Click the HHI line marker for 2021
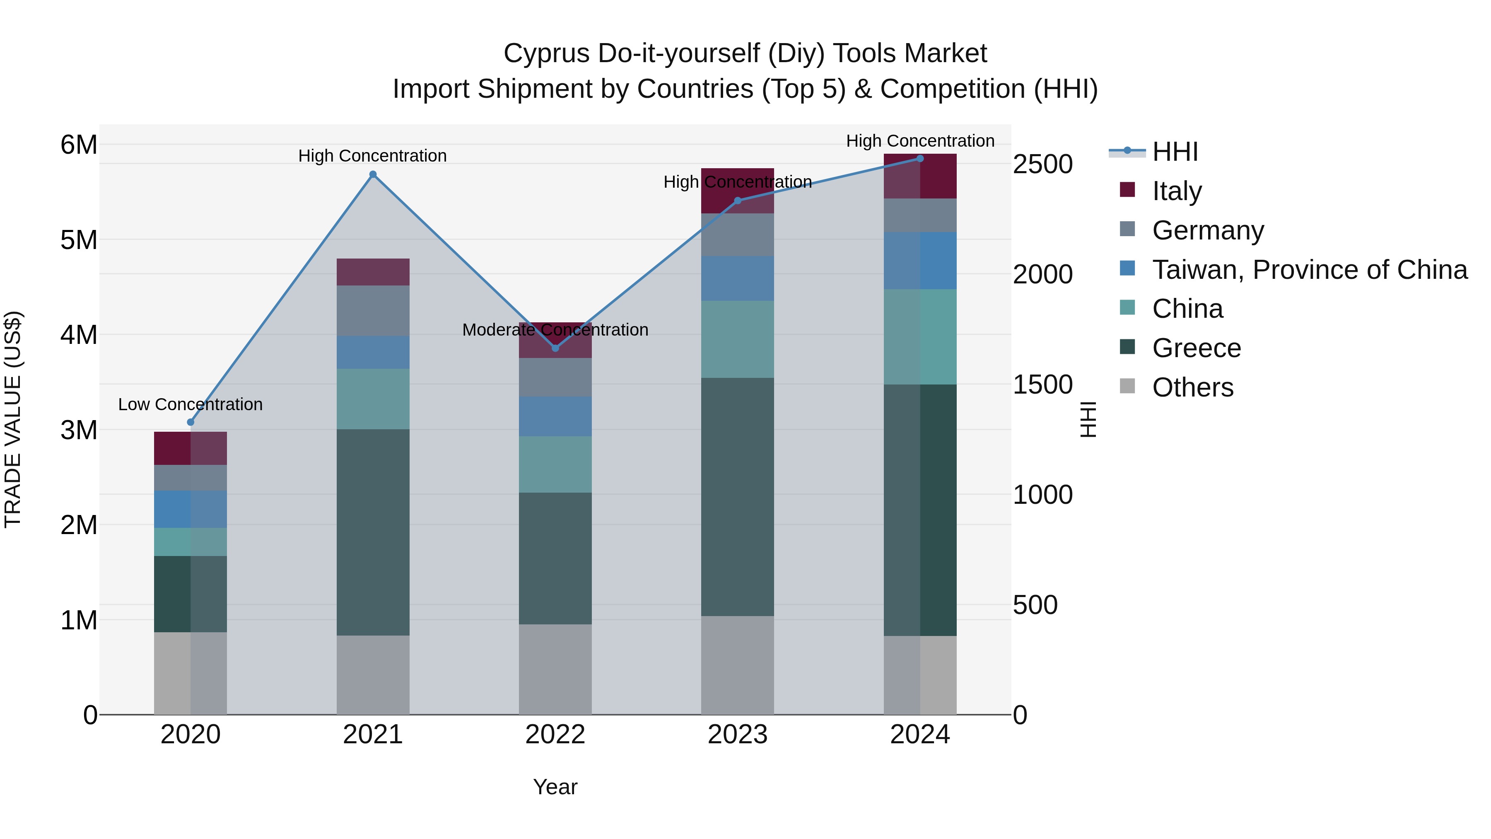[373, 174]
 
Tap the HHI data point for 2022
[555, 348]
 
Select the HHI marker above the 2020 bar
[191, 422]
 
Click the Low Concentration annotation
[191, 404]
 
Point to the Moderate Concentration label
[555, 329]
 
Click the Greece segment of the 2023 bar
[737, 497]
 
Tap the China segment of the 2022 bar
[555, 464]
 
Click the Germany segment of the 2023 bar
[737, 235]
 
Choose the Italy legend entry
[1177, 191]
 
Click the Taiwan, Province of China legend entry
[1309, 270]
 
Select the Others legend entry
[1192, 387]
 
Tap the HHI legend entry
[1175, 152]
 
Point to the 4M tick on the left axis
[79, 335]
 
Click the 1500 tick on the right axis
[1042, 384]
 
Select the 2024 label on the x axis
[920, 735]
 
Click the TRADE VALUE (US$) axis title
[13, 419]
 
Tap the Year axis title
[555, 787]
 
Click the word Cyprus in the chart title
[547, 53]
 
